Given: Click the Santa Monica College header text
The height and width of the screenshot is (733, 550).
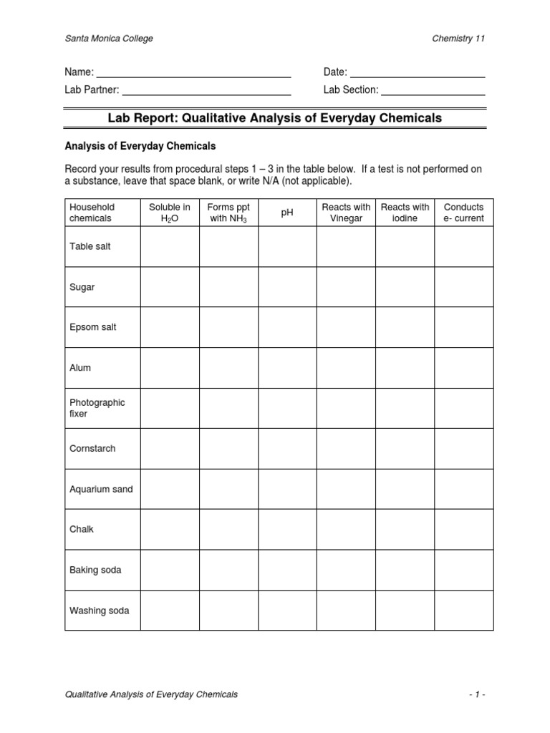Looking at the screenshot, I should (x=109, y=39).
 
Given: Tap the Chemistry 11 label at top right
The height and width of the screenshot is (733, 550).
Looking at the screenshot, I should (x=458, y=39).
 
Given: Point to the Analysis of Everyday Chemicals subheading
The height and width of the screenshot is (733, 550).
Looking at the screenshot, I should (x=140, y=146).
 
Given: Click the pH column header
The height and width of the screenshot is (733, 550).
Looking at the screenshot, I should (x=287, y=213).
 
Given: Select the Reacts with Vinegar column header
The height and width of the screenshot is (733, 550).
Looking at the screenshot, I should (x=346, y=213).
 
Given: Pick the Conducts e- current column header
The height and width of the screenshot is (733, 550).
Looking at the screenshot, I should (x=464, y=213).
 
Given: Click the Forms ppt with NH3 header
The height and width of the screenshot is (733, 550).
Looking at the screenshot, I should (x=228, y=213).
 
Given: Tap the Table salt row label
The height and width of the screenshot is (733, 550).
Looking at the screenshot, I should (x=90, y=246).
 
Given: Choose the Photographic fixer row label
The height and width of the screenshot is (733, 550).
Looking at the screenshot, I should (x=97, y=408).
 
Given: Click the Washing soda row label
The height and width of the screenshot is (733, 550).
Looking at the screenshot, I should (x=99, y=611).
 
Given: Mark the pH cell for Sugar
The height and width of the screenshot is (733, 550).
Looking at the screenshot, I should (x=287, y=287).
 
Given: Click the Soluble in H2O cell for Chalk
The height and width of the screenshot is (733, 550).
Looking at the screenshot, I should (x=170, y=530).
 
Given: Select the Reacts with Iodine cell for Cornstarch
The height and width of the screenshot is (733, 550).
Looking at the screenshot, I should (x=405, y=449).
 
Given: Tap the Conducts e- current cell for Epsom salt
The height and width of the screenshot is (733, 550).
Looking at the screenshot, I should (x=464, y=327).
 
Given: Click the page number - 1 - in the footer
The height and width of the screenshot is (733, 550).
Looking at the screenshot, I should (x=477, y=694).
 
